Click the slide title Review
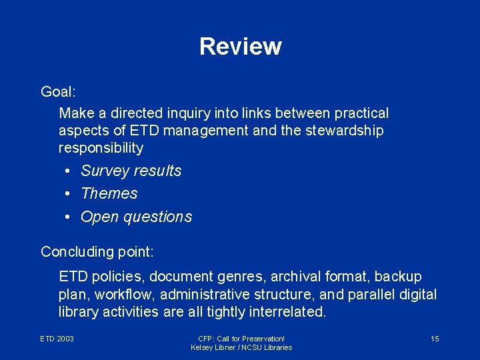point(240,47)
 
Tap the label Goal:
point(58,91)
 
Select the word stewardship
point(345,131)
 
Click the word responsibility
point(101,147)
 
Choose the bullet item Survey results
point(131,171)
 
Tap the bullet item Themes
point(109,193)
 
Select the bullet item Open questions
point(136,217)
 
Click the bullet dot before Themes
point(69,194)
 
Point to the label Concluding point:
point(97,252)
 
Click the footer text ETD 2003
point(57,339)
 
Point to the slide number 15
point(435,339)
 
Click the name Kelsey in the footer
point(202,348)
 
